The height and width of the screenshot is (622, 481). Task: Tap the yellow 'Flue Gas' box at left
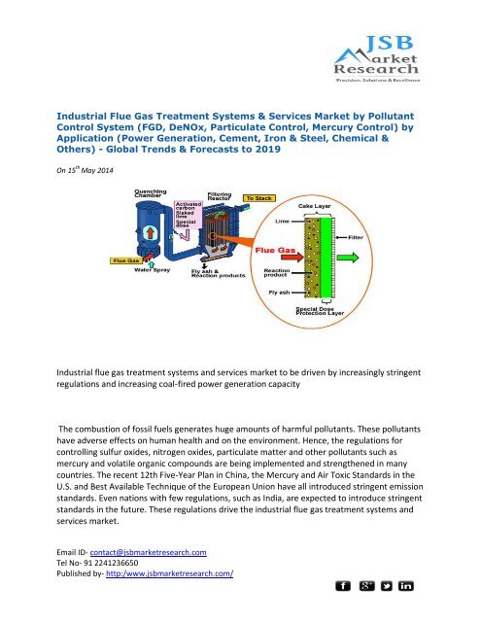123,259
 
